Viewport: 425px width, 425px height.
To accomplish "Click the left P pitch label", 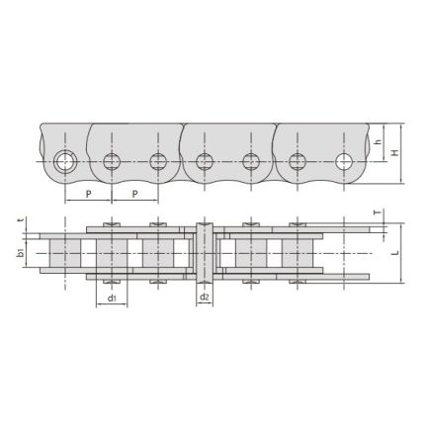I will coord(87,194).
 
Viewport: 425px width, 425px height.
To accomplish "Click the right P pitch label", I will coord(133,194).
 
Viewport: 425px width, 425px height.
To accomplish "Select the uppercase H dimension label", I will coord(396,153).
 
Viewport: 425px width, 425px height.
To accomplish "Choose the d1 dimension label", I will coord(111,297).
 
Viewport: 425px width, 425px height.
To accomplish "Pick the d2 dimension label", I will coord(205,297).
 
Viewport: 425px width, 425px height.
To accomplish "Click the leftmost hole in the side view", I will coord(66,161).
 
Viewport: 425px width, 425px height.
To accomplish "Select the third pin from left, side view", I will coord(157,161).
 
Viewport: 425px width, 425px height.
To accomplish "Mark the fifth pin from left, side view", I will coord(250,161).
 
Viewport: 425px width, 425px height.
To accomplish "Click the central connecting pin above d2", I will coord(205,254).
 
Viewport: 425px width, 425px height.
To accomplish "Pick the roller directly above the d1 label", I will coord(112,255).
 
